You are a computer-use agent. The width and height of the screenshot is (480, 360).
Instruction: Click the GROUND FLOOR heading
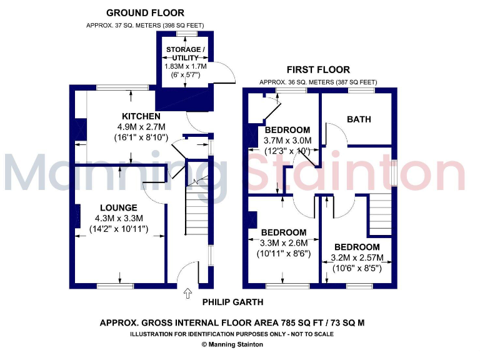pyautogui.click(x=145, y=12)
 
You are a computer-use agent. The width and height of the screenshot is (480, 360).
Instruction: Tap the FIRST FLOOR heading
pyautogui.click(x=318, y=69)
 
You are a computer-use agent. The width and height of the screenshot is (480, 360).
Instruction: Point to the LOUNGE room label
pyautogui.click(x=118, y=207)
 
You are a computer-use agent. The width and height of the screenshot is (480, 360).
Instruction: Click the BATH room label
pyautogui.click(x=359, y=119)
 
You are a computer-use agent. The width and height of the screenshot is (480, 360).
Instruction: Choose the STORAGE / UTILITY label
pyautogui.click(x=184, y=53)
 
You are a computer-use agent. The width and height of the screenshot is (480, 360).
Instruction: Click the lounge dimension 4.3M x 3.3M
pyautogui.click(x=119, y=217)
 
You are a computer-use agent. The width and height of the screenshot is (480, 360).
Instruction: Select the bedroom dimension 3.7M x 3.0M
pyautogui.click(x=287, y=141)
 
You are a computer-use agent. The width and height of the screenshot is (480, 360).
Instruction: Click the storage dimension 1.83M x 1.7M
pyautogui.click(x=186, y=66)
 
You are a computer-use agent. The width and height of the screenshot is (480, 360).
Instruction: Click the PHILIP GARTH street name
pyautogui.click(x=232, y=302)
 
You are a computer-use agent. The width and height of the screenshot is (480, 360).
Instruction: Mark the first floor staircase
pyautogui.click(x=379, y=213)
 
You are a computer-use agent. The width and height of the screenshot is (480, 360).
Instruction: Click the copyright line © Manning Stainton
pyautogui.click(x=232, y=344)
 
